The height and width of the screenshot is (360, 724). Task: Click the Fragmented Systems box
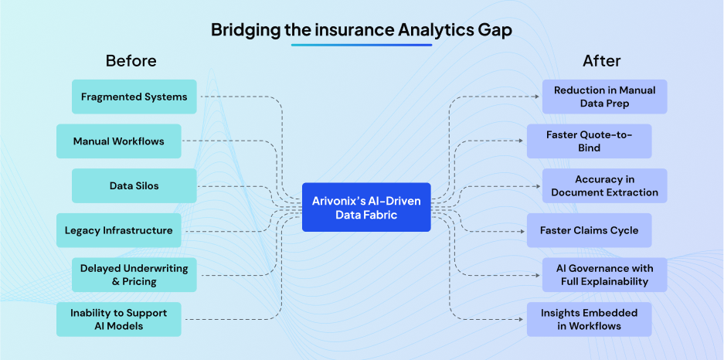pyautogui.click(x=134, y=97)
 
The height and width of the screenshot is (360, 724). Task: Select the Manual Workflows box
pyautogui.click(x=118, y=141)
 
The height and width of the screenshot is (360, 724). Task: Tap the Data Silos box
pyautogui.click(x=134, y=185)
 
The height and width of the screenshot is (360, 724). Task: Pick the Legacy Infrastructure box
pyautogui.click(x=118, y=230)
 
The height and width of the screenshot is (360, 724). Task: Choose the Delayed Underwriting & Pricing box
pyautogui.click(x=134, y=275)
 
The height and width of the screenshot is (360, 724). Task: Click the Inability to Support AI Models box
pyautogui.click(x=118, y=319)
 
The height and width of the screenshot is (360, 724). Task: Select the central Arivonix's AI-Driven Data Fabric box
pyautogui.click(x=366, y=207)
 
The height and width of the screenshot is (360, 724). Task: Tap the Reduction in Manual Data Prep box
pyautogui.click(x=604, y=97)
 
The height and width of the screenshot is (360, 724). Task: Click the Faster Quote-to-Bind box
pyautogui.click(x=589, y=141)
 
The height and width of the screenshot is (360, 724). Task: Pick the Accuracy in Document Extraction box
pyautogui.click(x=604, y=185)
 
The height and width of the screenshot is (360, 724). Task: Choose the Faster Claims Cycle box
pyautogui.click(x=589, y=230)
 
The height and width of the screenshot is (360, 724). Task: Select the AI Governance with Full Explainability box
pyautogui.click(x=604, y=275)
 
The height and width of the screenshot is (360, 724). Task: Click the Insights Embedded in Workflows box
pyautogui.click(x=589, y=319)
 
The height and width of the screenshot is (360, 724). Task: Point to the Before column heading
pyautogui.click(x=131, y=60)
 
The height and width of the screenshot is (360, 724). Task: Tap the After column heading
pyautogui.click(x=602, y=60)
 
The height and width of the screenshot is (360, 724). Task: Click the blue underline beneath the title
pyautogui.click(x=362, y=45)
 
